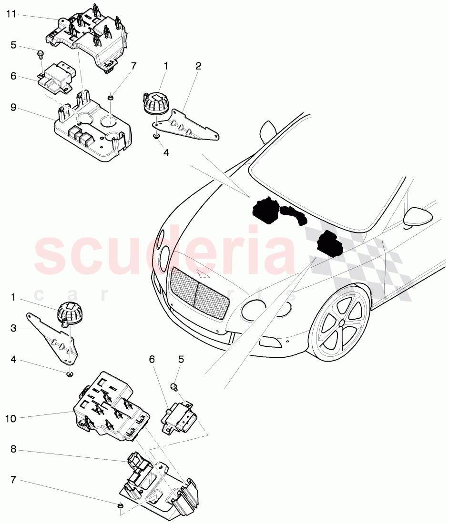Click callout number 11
(x=11, y=14)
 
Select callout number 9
(x=13, y=108)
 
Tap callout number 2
(x=198, y=66)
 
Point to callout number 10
(x=11, y=418)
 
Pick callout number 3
(x=13, y=328)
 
